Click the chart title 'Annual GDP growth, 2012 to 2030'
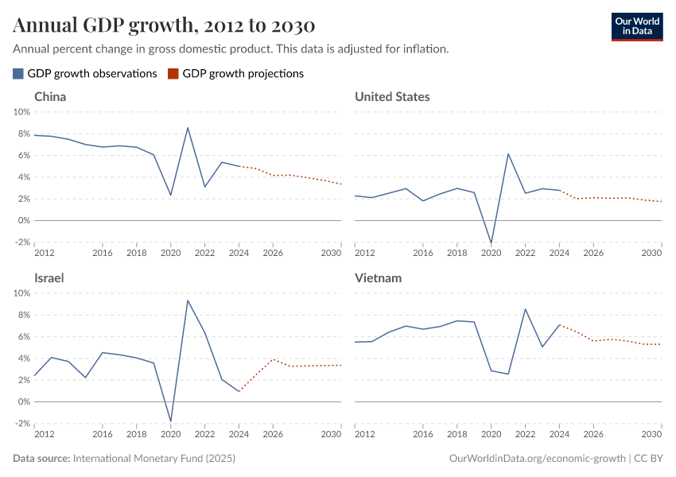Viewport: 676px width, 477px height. pos(164,25)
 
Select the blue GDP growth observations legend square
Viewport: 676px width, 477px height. pos(18,73)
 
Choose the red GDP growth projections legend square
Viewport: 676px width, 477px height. pos(173,73)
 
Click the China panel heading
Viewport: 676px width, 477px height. pos(50,96)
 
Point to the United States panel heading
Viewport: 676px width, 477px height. pos(392,96)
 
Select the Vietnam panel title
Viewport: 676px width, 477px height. pos(378,278)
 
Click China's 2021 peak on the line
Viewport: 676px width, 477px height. pos(188,128)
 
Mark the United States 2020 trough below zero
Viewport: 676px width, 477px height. pos(491,242)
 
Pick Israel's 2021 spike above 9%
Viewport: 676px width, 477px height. pos(188,300)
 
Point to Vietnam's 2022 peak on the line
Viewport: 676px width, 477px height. pos(526,309)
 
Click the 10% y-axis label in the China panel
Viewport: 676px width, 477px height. pos(21,112)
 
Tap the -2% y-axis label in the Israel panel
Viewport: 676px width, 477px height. pos(21,424)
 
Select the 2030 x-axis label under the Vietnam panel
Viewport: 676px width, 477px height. pos(651,434)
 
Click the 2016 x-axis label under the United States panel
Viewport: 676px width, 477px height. pos(423,253)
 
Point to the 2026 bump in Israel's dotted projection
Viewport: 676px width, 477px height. pos(273,359)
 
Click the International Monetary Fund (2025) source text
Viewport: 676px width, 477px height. pos(154,459)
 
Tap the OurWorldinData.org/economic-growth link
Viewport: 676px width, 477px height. pos(538,459)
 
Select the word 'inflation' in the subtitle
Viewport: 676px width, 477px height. pos(425,48)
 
